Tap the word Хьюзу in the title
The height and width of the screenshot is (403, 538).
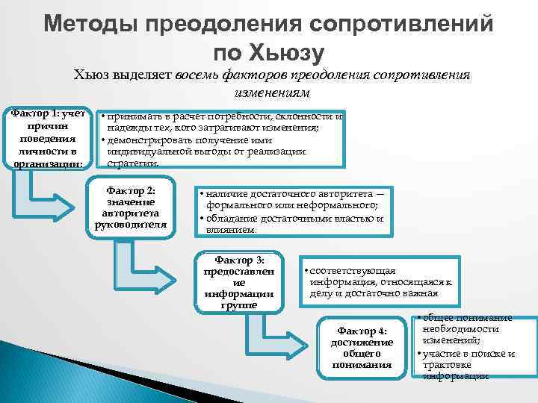coord(288,53)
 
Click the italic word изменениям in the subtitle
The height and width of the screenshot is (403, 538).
coord(268,93)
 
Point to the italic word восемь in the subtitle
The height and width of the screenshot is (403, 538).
coord(202,75)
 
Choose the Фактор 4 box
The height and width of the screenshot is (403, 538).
coord(362,347)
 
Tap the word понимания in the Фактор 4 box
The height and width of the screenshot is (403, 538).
coord(362,365)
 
